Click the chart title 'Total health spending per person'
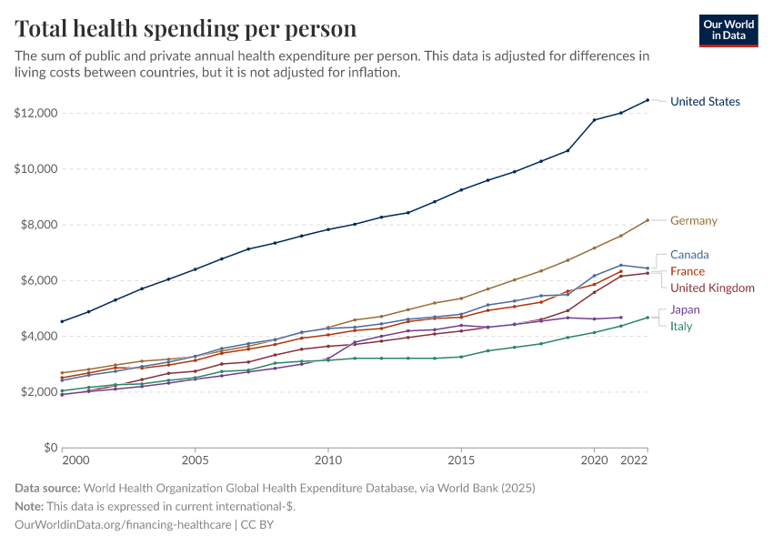186,28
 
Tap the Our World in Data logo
728,31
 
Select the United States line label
705,102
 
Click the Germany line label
694,220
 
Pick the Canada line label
689,255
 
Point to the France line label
688,271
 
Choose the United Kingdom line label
712,288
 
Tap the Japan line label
685,309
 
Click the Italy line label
681,327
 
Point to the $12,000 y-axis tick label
36,113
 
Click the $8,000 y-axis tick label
39,225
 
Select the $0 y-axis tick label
51,448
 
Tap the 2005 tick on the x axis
196,460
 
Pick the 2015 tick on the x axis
461,460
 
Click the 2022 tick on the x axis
634,460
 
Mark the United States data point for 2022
648,100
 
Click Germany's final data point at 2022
648,220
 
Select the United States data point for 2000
62,321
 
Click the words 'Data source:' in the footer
47,489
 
